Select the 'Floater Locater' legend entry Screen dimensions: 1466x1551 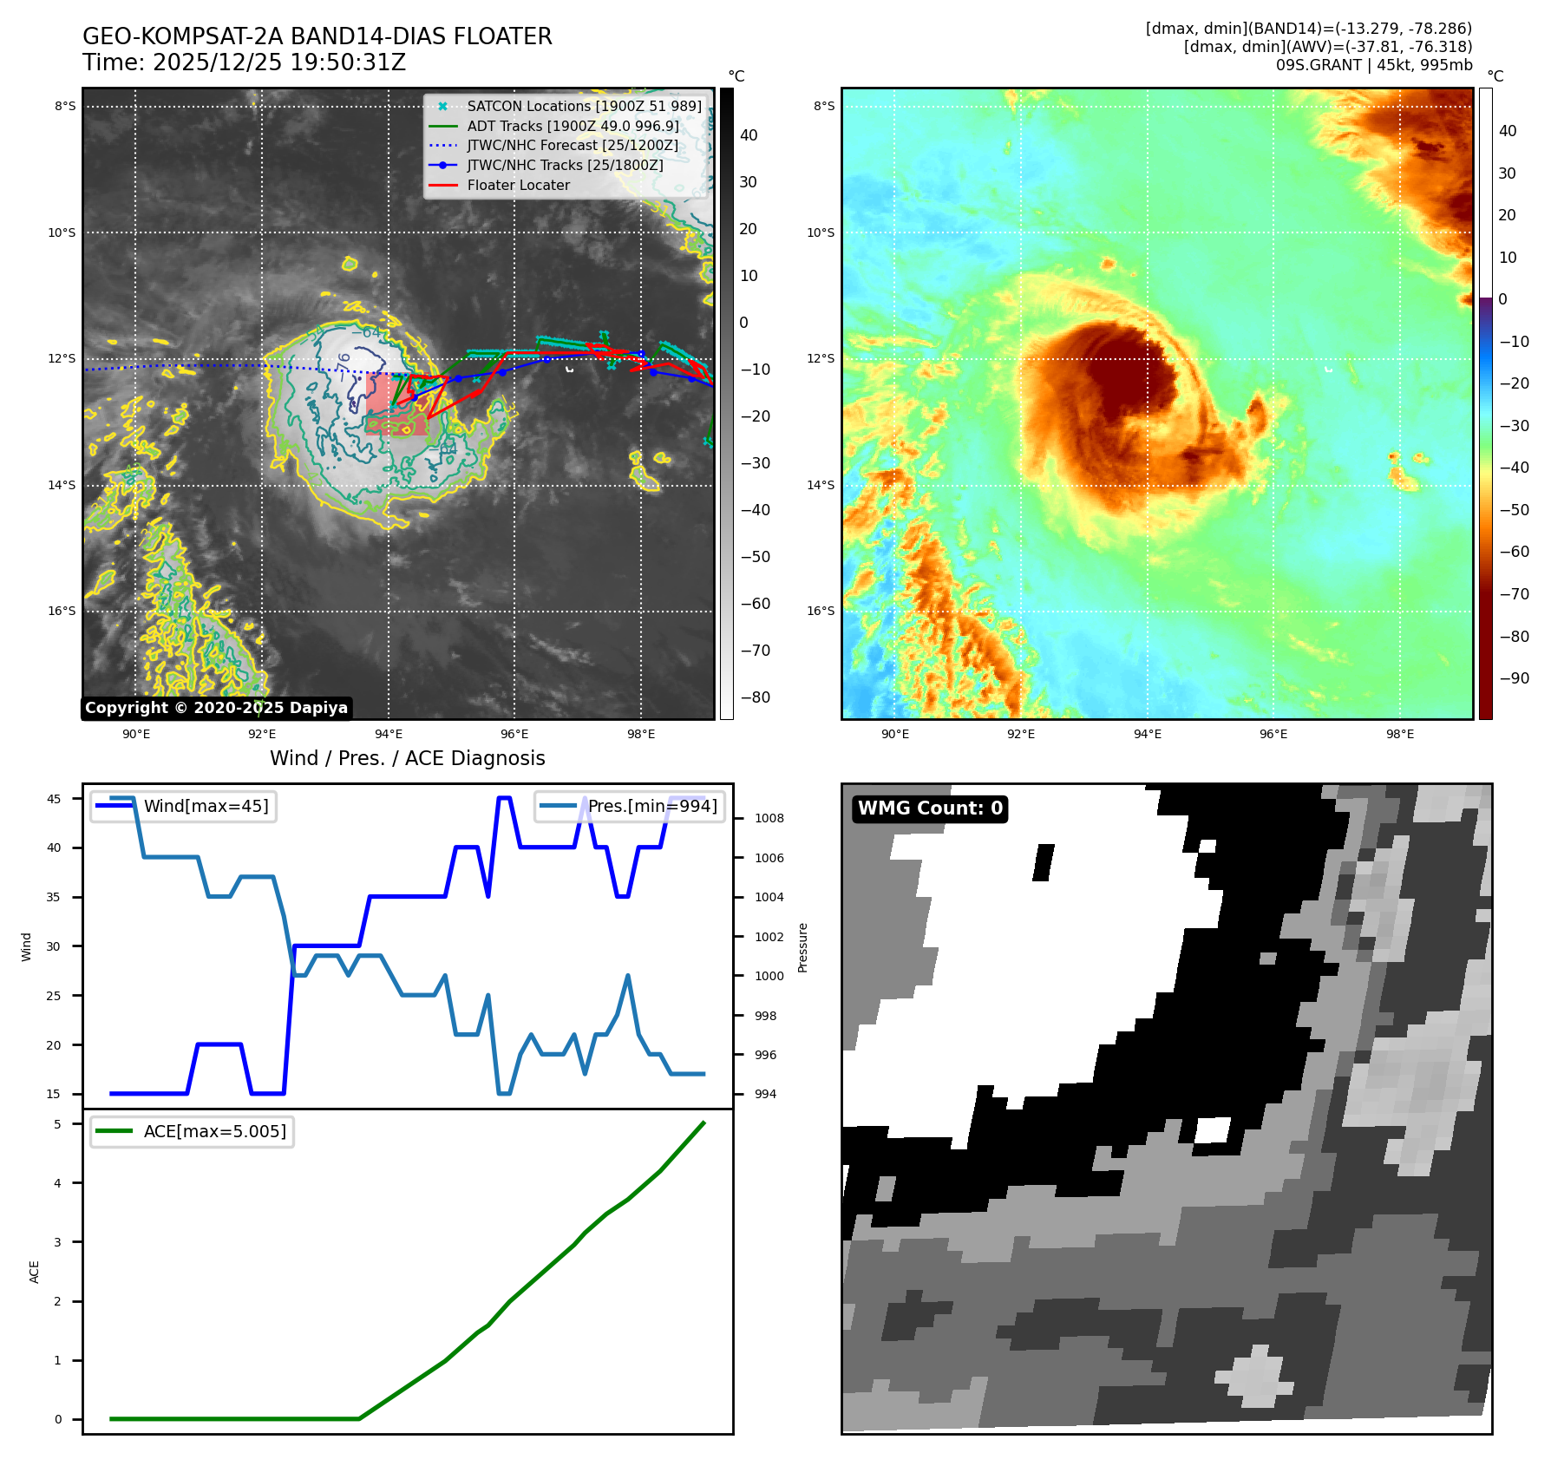(x=518, y=185)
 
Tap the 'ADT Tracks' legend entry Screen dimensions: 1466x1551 (x=573, y=126)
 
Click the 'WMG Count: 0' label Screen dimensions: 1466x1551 (x=930, y=808)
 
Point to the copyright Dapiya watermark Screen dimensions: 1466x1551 (x=216, y=708)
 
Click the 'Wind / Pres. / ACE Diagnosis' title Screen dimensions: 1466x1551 (x=407, y=758)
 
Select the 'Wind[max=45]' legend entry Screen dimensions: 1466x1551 (x=206, y=806)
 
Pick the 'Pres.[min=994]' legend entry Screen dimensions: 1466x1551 (x=652, y=806)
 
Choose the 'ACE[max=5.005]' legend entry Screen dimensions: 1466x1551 (x=214, y=1131)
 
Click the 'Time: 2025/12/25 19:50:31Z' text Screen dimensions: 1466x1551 (x=244, y=62)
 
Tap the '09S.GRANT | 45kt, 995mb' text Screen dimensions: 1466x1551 (x=1373, y=65)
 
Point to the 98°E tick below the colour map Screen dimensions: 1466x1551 (x=1399, y=734)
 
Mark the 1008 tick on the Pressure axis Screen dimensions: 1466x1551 (x=769, y=818)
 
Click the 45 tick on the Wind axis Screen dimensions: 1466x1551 (x=54, y=799)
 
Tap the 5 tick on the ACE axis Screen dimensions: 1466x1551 (x=58, y=1124)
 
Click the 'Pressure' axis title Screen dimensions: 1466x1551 (x=802, y=947)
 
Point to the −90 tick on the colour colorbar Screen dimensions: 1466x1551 (x=1515, y=678)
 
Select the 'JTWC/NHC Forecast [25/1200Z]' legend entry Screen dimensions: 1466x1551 (x=573, y=145)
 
